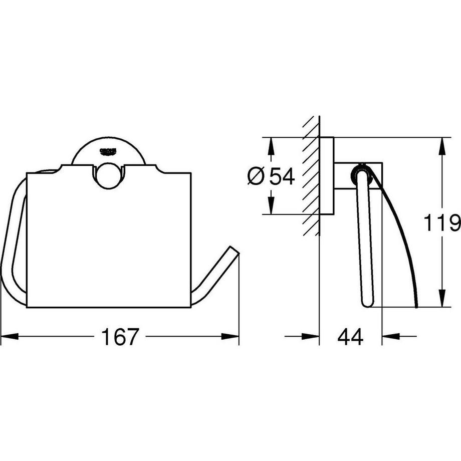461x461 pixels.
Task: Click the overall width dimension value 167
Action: tap(120, 337)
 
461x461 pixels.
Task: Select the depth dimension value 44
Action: tap(350, 337)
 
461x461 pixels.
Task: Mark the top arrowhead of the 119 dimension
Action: tap(441, 145)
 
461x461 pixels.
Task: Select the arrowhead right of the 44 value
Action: tap(391, 337)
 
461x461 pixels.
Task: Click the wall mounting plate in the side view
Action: tap(327, 175)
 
